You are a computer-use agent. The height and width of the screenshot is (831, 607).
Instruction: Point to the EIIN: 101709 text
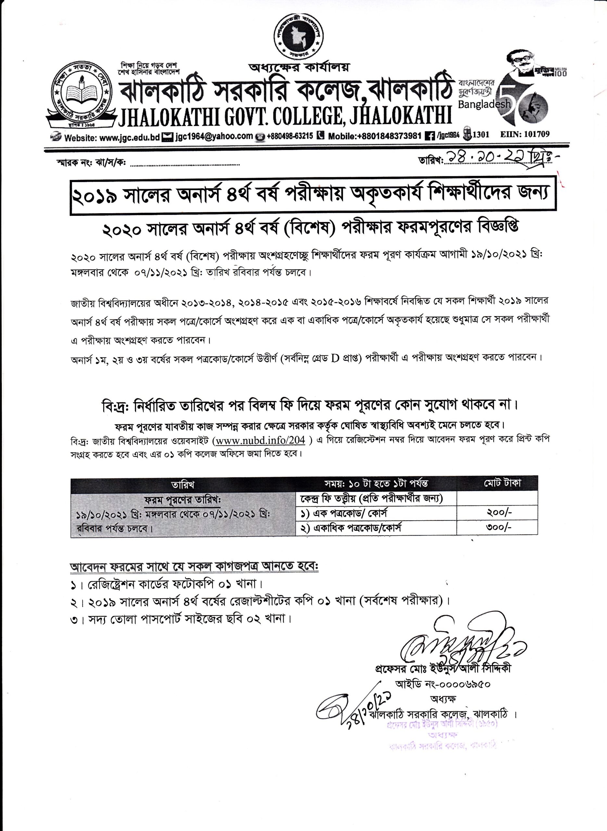[x=525, y=134]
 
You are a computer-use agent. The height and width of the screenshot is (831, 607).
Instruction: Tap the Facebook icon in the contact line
[x=428, y=136]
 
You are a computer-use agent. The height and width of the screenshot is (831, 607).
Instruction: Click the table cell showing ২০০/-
[x=499, y=513]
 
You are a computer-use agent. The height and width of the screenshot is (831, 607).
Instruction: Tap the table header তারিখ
[x=183, y=485]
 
